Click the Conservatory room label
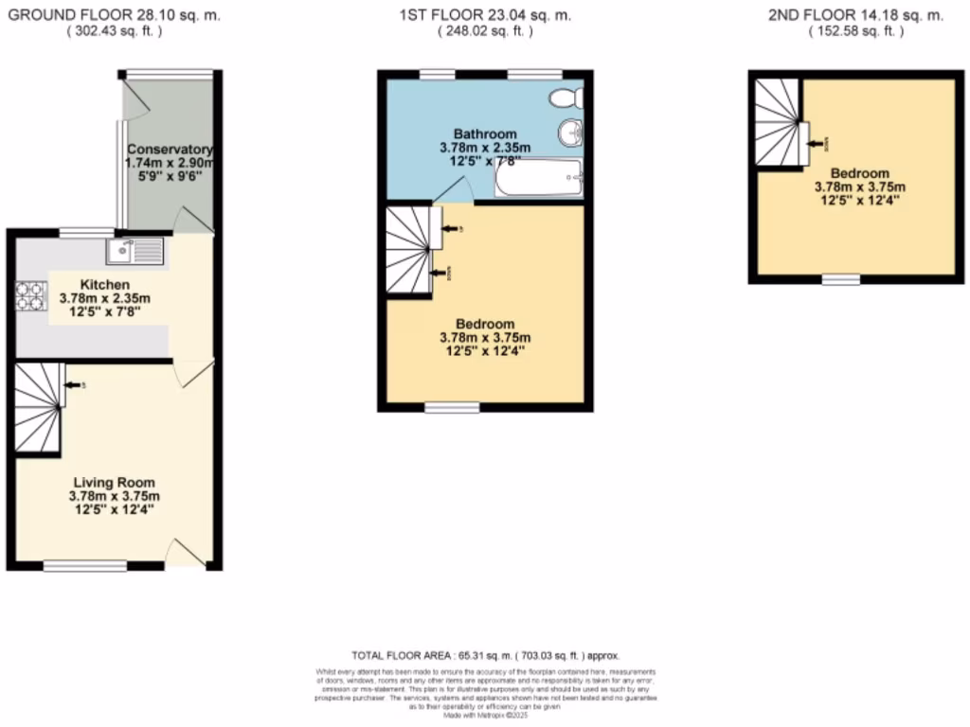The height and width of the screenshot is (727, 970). [x=171, y=150]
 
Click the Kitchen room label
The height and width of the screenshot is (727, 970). [x=104, y=285]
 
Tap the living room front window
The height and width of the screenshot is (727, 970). [x=85, y=566]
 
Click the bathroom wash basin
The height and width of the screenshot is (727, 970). [x=569, y=135]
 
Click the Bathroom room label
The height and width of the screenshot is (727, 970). [x=484, y=133]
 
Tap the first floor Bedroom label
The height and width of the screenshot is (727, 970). [x=484, y=324]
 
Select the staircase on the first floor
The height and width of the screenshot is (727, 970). [x=408, y=251]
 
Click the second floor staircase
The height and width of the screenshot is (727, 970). [x=777, y=120]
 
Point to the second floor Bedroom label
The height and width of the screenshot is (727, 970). [x=860, y=173]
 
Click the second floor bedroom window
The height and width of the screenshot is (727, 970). [x=840, y=279]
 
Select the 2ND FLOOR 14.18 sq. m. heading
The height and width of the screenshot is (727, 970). [x=854, y=15]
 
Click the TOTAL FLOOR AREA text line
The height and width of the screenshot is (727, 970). [x=484, y=655]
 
